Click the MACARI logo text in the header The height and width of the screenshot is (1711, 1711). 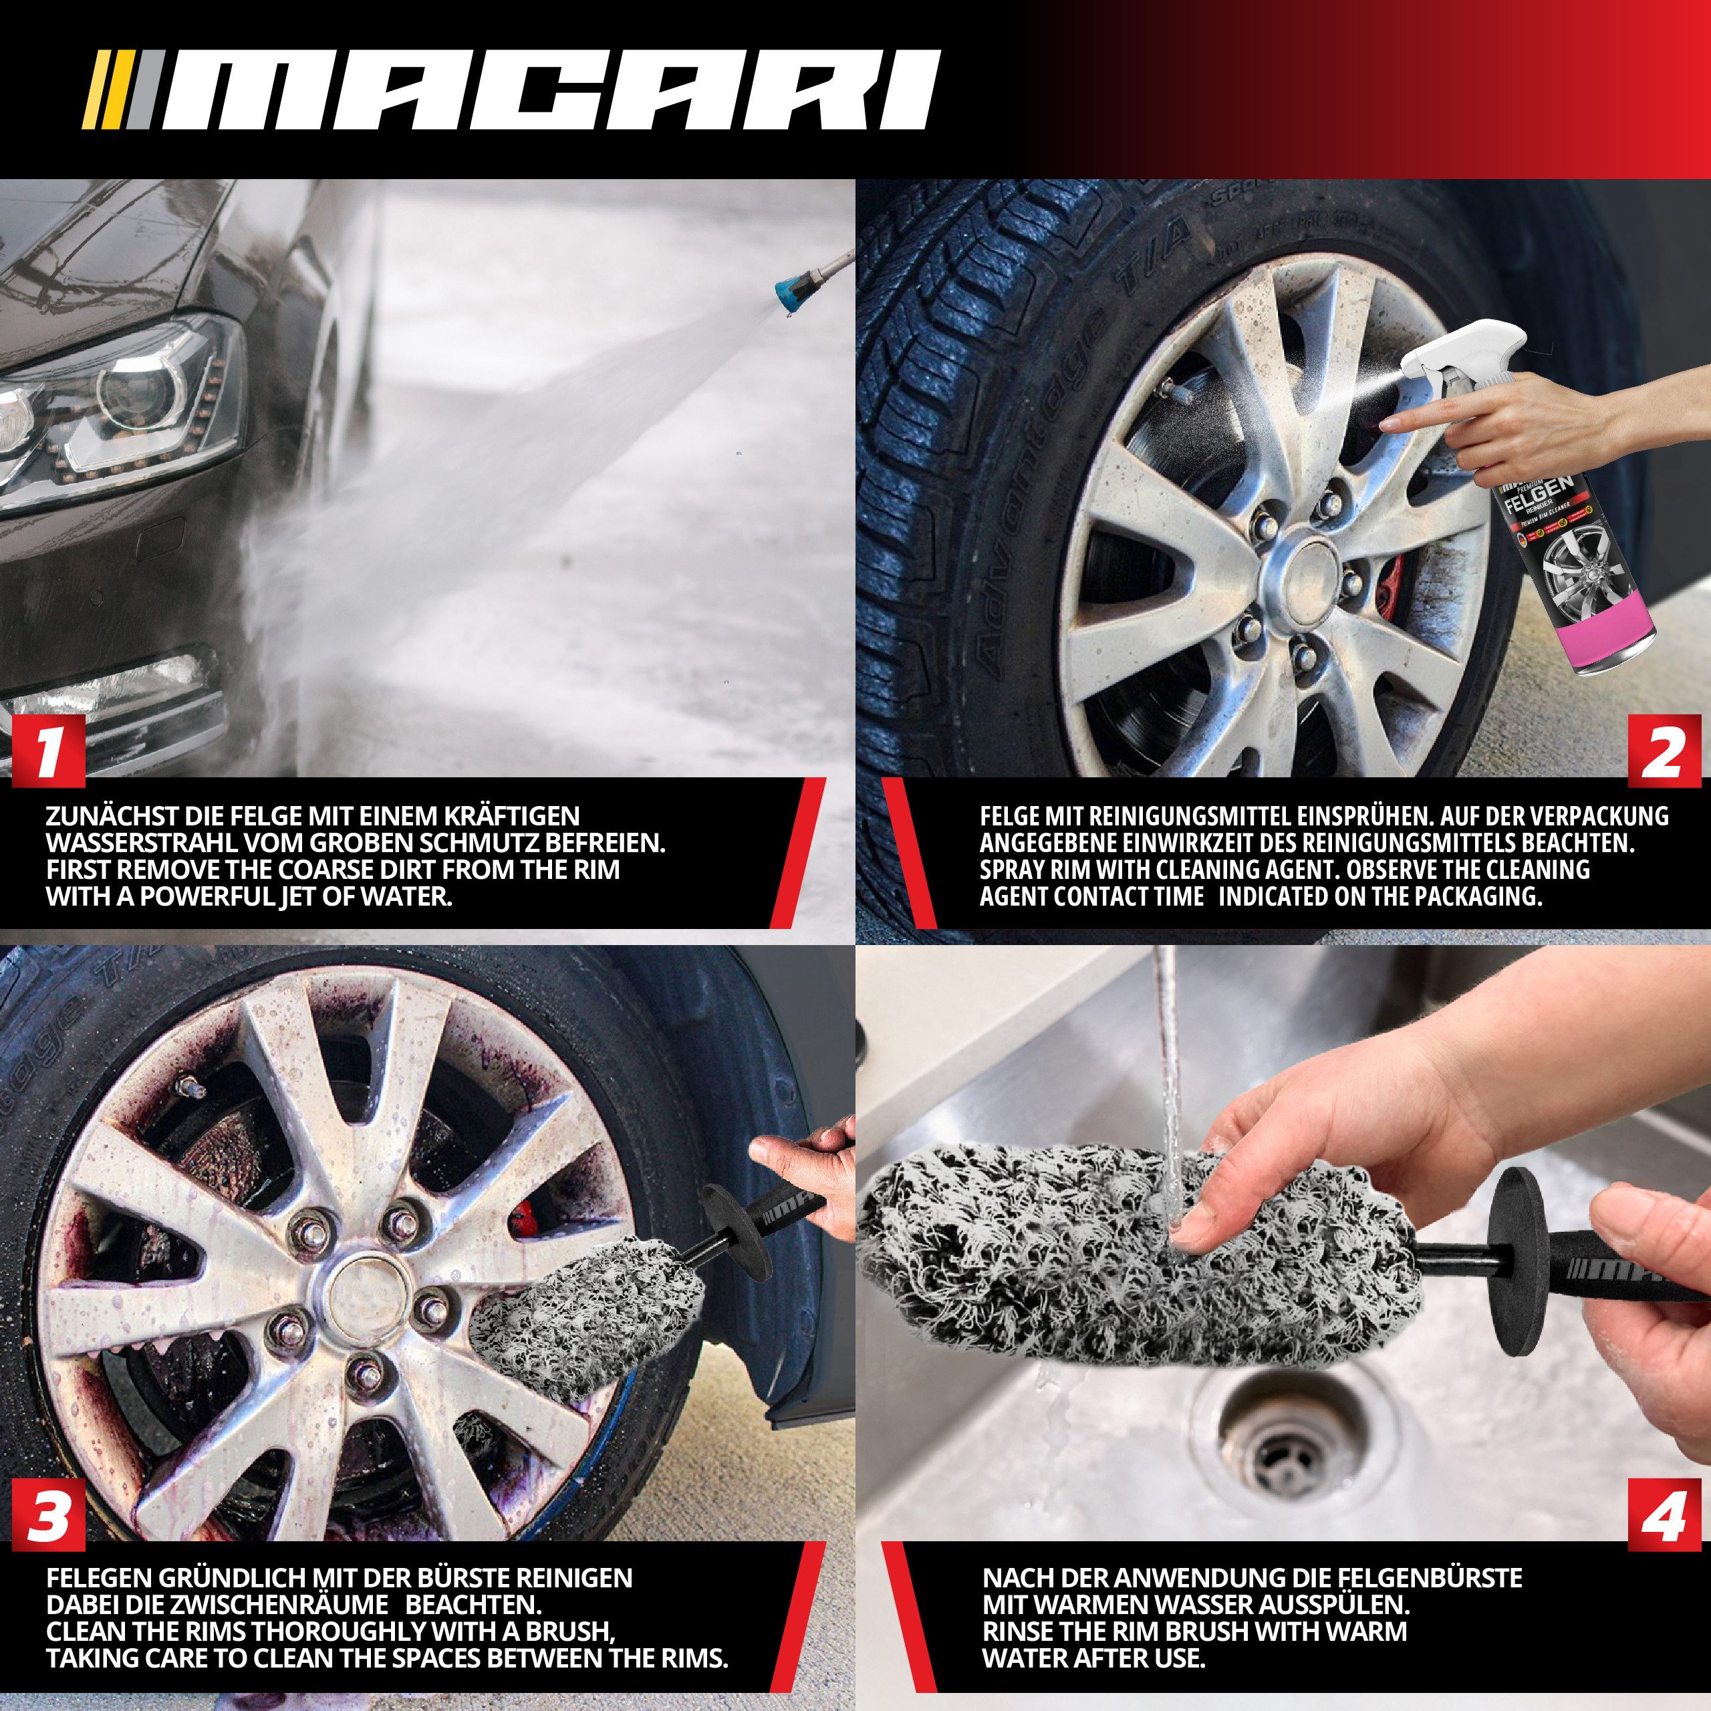pos(549,90)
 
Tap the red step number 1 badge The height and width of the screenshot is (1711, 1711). pos(49,751)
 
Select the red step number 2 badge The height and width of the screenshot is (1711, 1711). pos(1663,751)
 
